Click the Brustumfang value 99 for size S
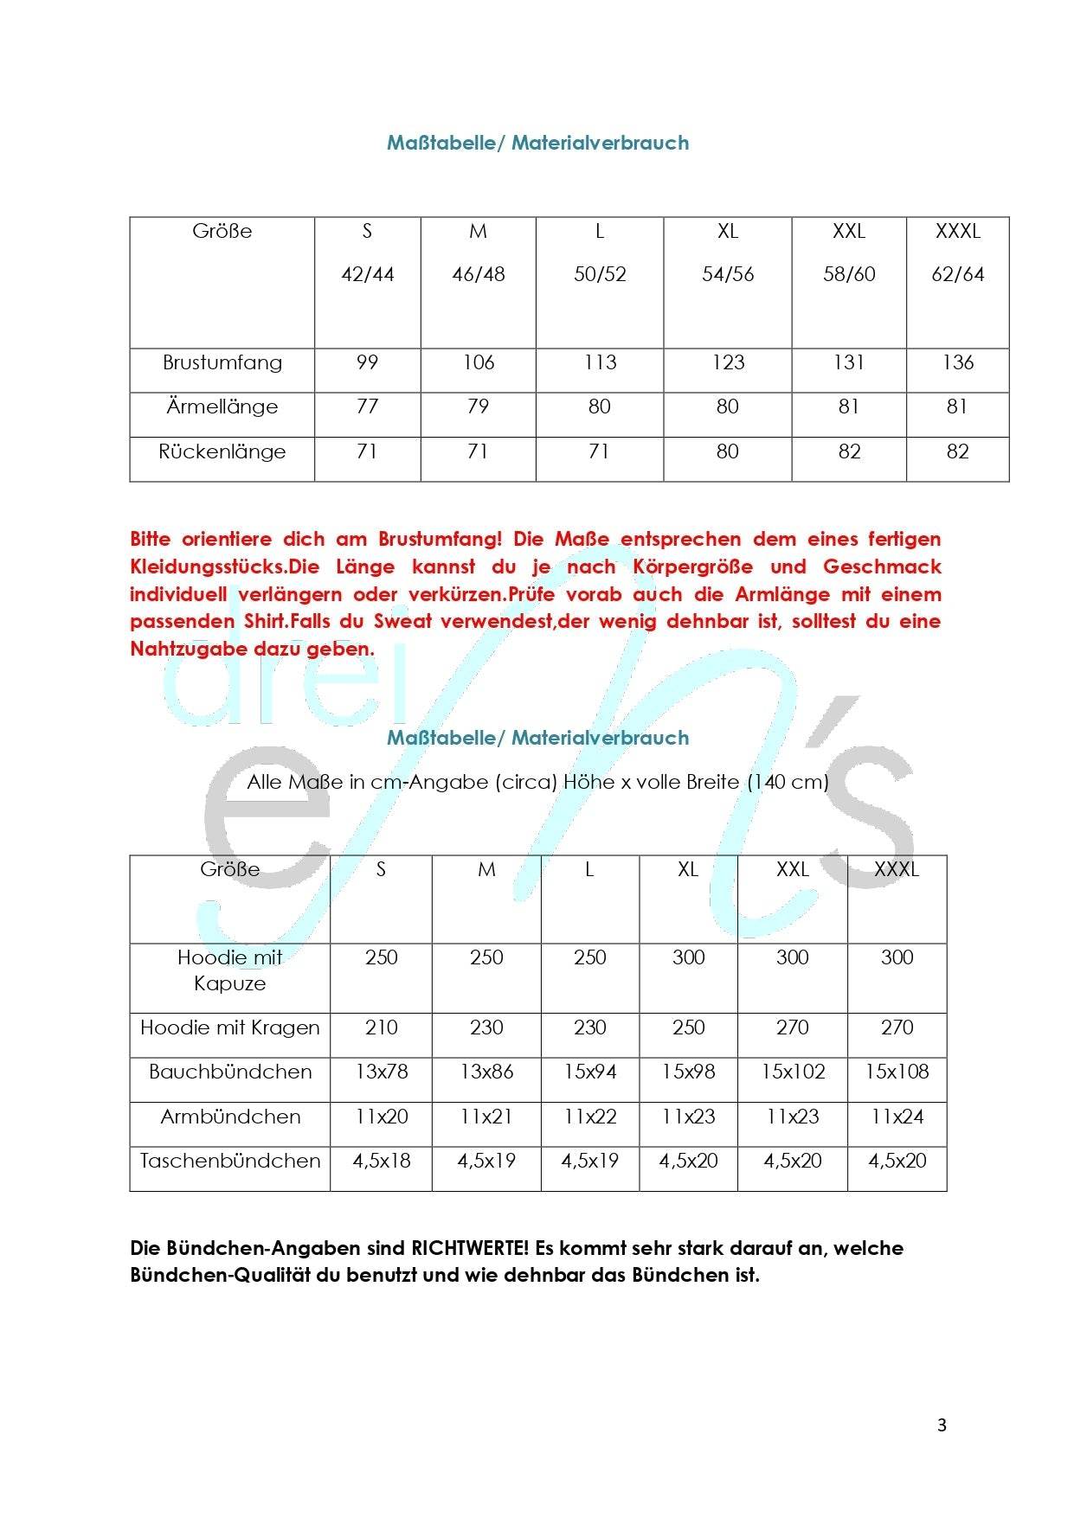pyautogui.click(x=367, y=362)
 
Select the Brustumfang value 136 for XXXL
pyautogui.click(x=957, y=362)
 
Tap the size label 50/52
pyautogui.click(x=599, y=274)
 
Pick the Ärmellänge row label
pyautogui.click(x=222, y=406)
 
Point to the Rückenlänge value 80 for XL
pyautogui.click(x=727, y=451)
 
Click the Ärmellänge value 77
pyautogui.click(x=367, y=406)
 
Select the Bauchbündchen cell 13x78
pyautogui.click(x=381, y=1072)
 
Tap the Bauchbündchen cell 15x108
pyautogui.click(x=897, y=1072)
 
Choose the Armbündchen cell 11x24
pyautogui.click(x=897, y=1117)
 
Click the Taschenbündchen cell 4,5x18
pyautogui.click(x=381, y=1161)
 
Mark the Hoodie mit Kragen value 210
pyautogui.click(x=381, y=1027)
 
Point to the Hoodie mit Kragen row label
pyautogui.click(x=229, y=1027)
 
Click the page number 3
pyautogui.click(x=942, y=1425)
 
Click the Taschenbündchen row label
pyautogui.click(x=229, y=1161)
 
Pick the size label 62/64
pyautogui.click(x=957, y=274)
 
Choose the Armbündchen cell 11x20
pyautogui.click(x=381, y=1117)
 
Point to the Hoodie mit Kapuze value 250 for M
pyautogui.click(x=486, y=957)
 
